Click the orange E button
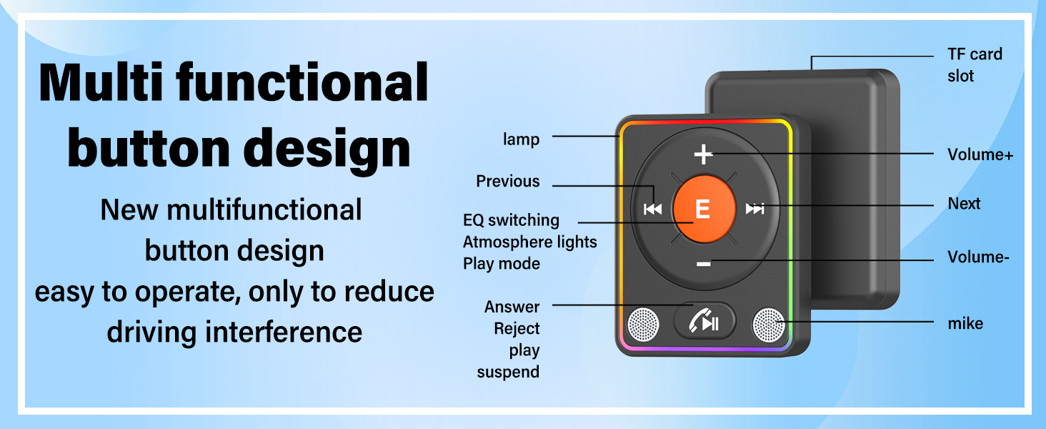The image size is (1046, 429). tap(704, 209)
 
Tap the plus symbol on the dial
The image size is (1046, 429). tap(703, 154)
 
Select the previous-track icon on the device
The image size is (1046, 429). tap(652, 209)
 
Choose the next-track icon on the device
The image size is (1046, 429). tap(755, 209)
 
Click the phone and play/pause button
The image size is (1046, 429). tap(704, 321)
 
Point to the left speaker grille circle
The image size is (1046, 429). tap(643, 324)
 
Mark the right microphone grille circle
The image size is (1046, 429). tap(769, 324)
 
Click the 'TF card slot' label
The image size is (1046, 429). tap(975, 65)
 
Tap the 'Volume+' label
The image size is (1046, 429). tap(980, 154)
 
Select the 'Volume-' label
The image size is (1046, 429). tap(978, 257)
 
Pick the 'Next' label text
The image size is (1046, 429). tap(964, 204)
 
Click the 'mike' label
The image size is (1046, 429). tap(965, 323)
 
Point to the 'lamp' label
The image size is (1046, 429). tap(521, 139)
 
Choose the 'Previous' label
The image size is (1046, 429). tap(507, 182)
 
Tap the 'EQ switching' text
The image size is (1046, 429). tap(511, 220)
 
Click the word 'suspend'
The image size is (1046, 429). tap(508, 373)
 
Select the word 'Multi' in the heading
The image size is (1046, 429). tap(101, 83)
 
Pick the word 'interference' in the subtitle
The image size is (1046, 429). tap(284, 332)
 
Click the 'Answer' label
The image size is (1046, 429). tap(512, 307)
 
